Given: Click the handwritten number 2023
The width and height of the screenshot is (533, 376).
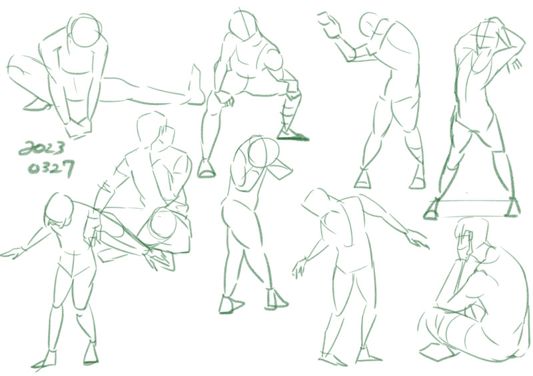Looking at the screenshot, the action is pyautogui.click(x=41, y=148).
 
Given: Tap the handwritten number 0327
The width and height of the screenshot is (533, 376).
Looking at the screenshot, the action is pyautogui.click(x=51, y=168).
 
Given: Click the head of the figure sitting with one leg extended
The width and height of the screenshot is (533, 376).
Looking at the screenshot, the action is pyautogui.click(x=86, y=31).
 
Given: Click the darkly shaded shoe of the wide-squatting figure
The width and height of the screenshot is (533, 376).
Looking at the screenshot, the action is pyautogui.click(x=292, y=135).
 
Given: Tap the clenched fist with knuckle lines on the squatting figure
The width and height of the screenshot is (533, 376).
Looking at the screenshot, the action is pyautogui.click(x=226, y=100).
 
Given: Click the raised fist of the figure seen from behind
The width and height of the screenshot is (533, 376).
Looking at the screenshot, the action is pyautogui.click(x=329, y=25).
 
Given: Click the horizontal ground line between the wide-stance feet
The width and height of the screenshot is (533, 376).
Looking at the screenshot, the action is pyautogui.click(x=472, y=201).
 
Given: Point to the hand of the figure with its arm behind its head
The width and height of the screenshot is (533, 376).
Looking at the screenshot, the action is pyautogui.click(x=515, y=65).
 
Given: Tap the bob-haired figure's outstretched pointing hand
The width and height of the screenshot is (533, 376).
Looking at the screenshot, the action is pyautogui.click(x=12, y=254).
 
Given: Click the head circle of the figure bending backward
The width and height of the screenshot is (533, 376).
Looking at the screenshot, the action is pyautogui.click(x=263, y=152).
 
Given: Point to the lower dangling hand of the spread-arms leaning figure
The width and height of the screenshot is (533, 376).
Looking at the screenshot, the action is pyautogui.click(x=300, y=268).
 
